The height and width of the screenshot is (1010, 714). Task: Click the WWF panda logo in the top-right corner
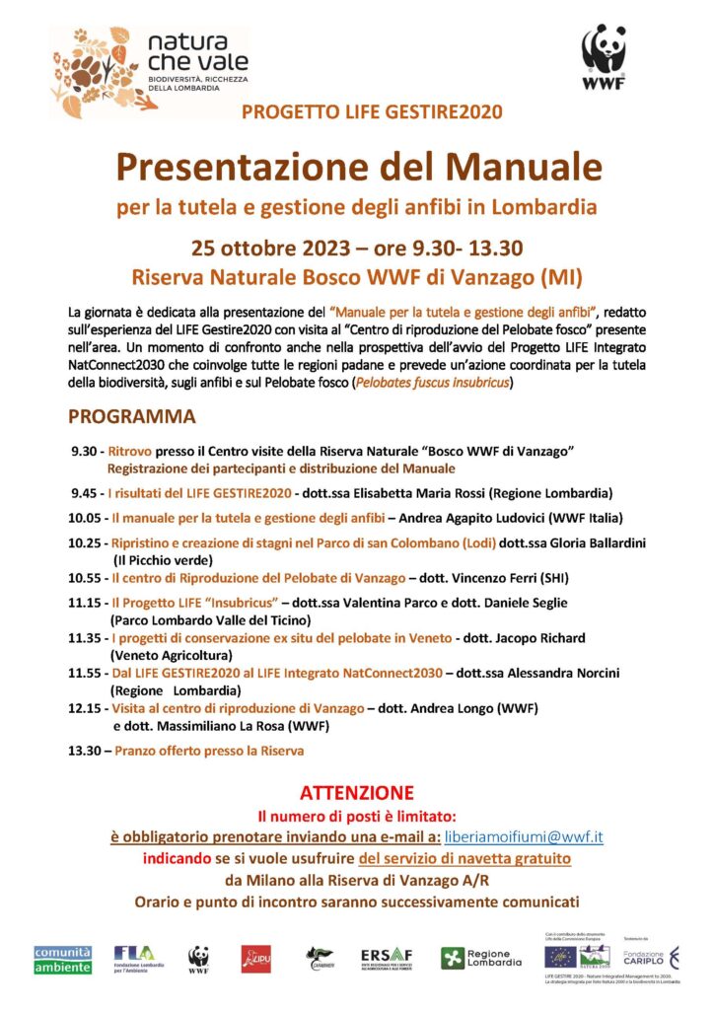[x=604, y=58]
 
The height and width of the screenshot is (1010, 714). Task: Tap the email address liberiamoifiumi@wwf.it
[x=524, y=837]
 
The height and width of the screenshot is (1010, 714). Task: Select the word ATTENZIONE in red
[x=356, y=793]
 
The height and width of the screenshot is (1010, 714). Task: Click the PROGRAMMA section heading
[x=132, y=416]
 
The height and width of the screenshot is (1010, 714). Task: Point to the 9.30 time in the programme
[x=84, y=451]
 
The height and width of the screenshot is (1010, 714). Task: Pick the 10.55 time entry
[x=84, y=578]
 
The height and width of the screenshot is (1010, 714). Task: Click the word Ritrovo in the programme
[x=130, y=451]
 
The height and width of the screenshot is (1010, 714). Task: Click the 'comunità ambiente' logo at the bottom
[x=62, y=959]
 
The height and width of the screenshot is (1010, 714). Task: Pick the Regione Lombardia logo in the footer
[x=481, y=958]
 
